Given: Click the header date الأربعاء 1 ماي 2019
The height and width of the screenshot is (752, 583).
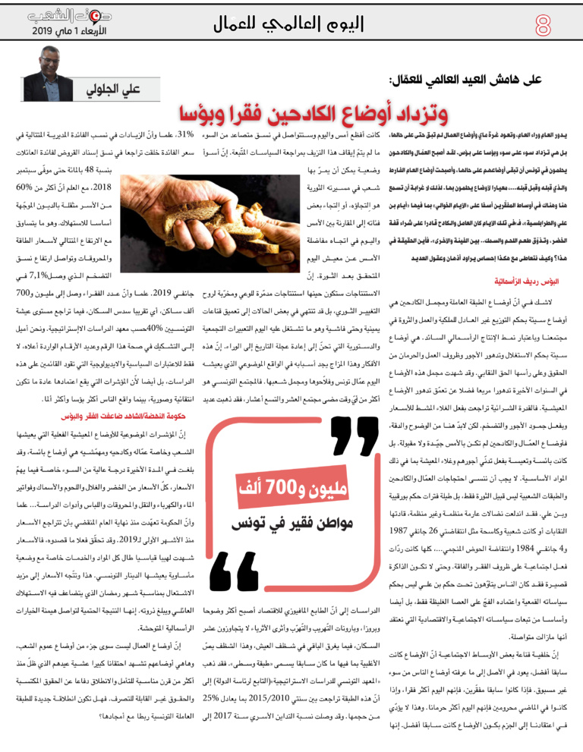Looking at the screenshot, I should point(65,33).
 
